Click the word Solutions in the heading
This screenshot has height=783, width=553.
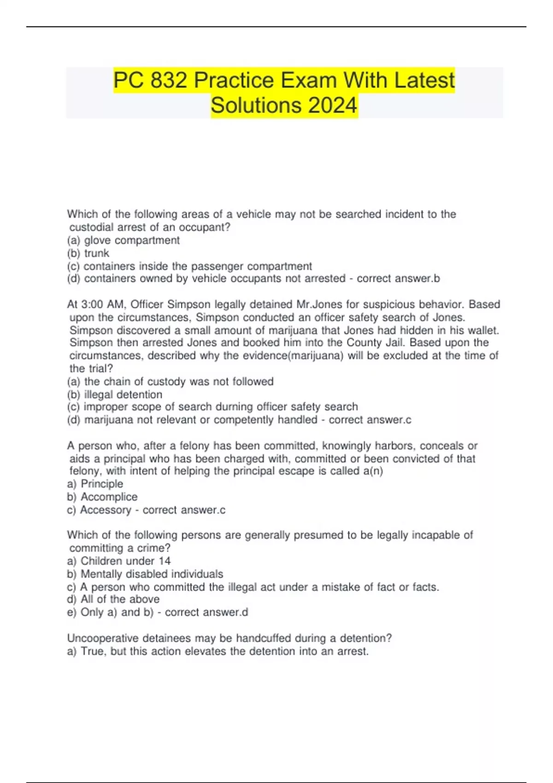point(257,105)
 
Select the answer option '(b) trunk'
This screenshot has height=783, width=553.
point(88,253)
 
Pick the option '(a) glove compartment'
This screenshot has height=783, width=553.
point(123,240)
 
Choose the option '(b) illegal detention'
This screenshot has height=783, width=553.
point(114,395)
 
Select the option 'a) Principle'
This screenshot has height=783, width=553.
point(95,484)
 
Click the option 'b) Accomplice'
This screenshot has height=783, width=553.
point(102,497)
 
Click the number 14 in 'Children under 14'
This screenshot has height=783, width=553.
point(165,561)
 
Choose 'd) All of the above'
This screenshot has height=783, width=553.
point(113,599)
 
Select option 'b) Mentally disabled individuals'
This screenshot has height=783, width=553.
point(145,574)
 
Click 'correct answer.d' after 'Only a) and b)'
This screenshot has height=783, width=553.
point(206,612)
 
